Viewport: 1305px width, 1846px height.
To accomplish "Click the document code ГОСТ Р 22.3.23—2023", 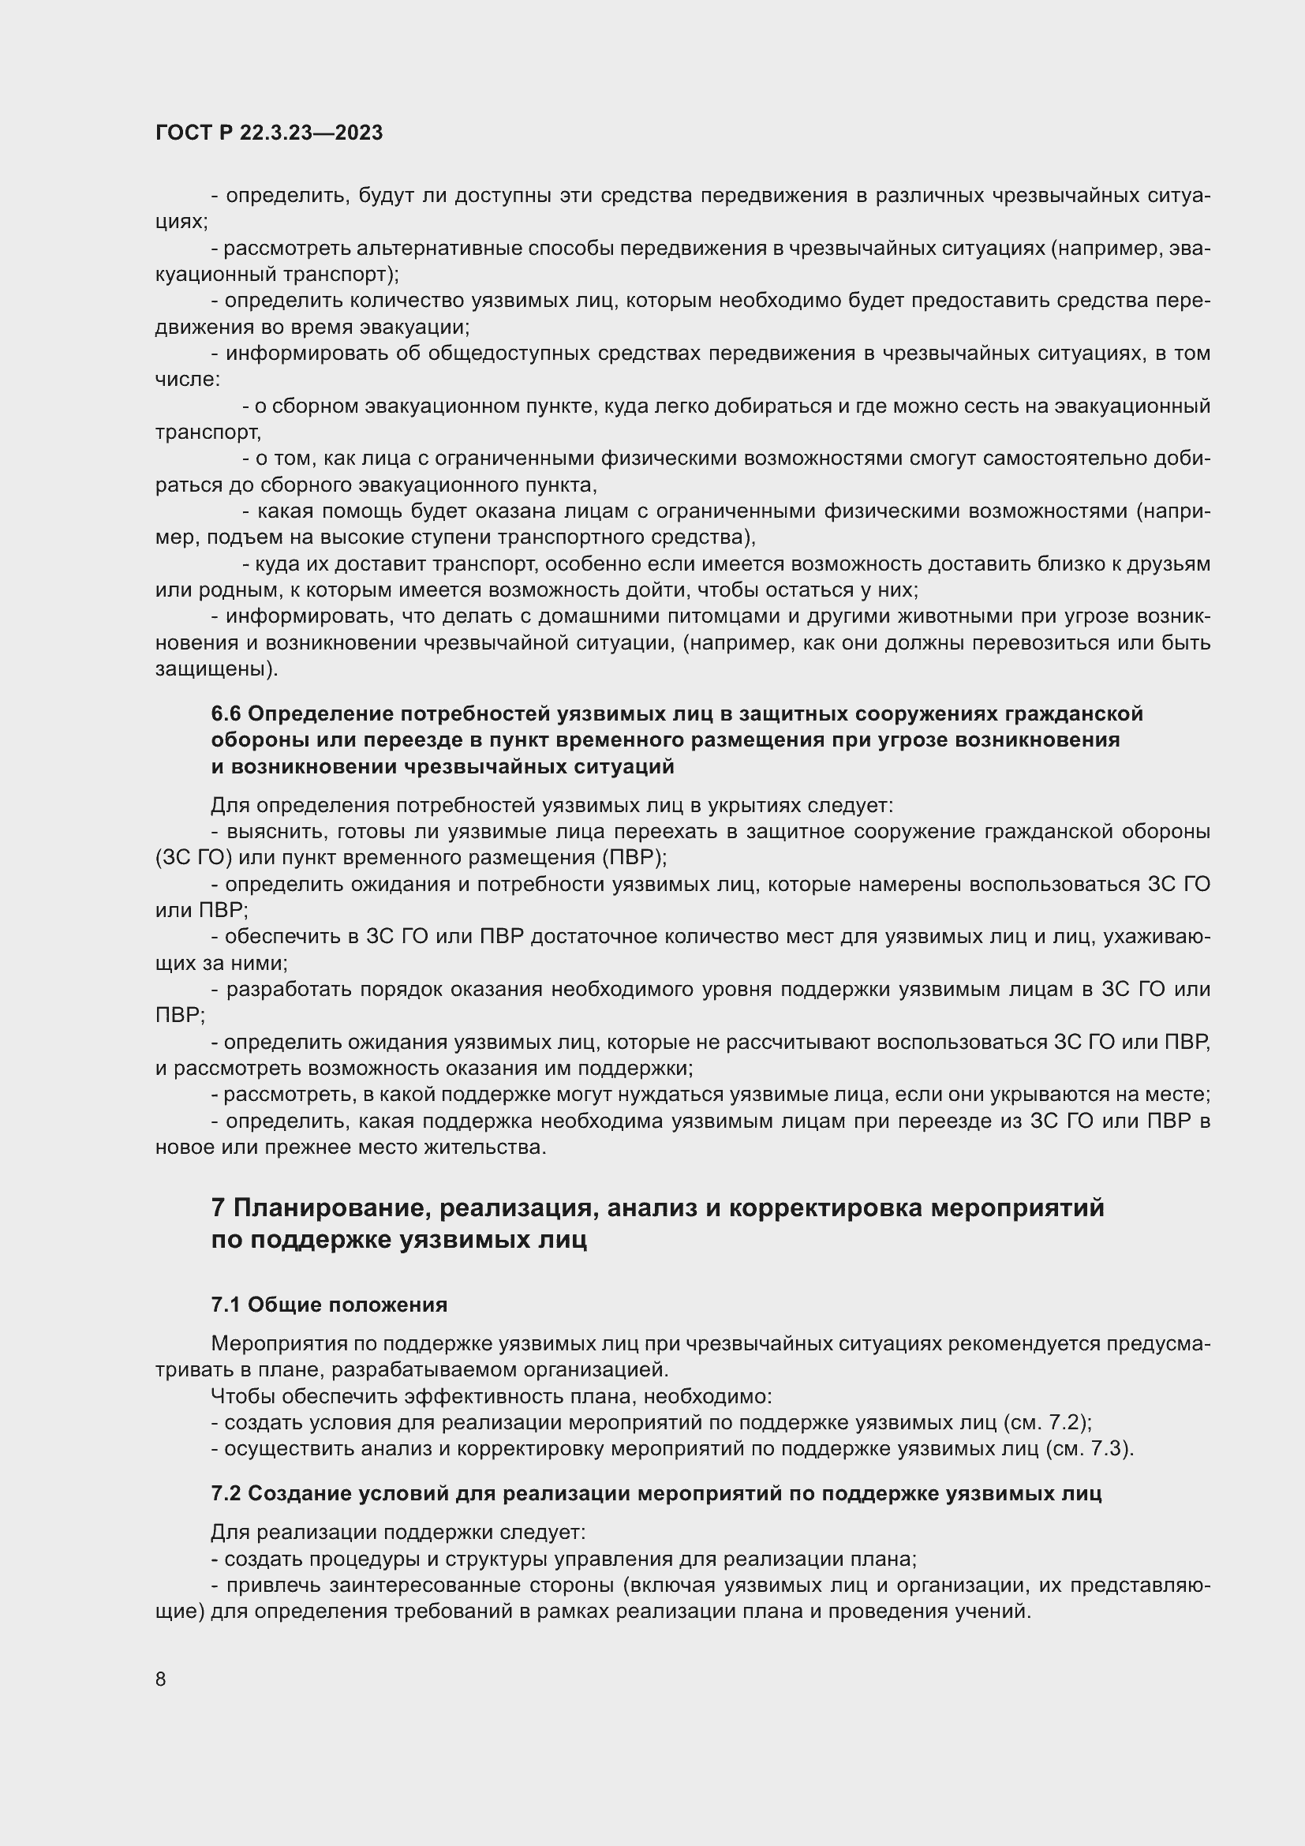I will click(x=268, y=133).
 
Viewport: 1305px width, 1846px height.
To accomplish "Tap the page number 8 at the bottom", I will click(x=161, y=1679).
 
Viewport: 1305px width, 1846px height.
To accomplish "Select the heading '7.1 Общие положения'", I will click(x=329, y=1305).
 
